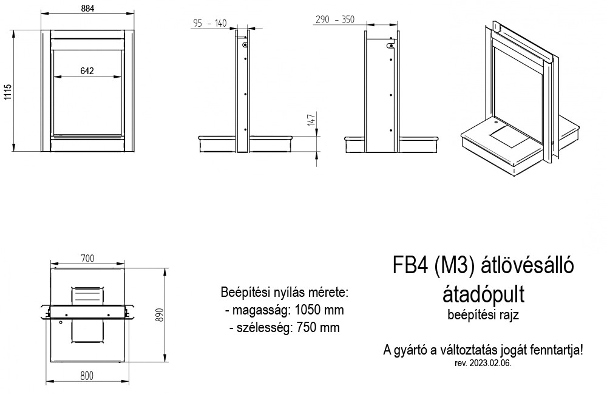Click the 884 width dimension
coord(88,8)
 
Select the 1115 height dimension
coord(8,92)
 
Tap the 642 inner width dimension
coord(87,70)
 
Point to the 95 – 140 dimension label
coord(210,23)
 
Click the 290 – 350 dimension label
coord(335,19)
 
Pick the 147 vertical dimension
coord(311,119)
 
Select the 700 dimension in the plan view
coord(87,258)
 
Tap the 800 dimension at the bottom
coord(87,376)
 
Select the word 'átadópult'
coord(484,294)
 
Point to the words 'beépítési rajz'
coord(483,314)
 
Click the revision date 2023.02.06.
coord(490,364)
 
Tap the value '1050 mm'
coord(319,310)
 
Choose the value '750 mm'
coord(318,327)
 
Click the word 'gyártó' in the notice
coord(413,351)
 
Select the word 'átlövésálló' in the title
coord(527,265)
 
